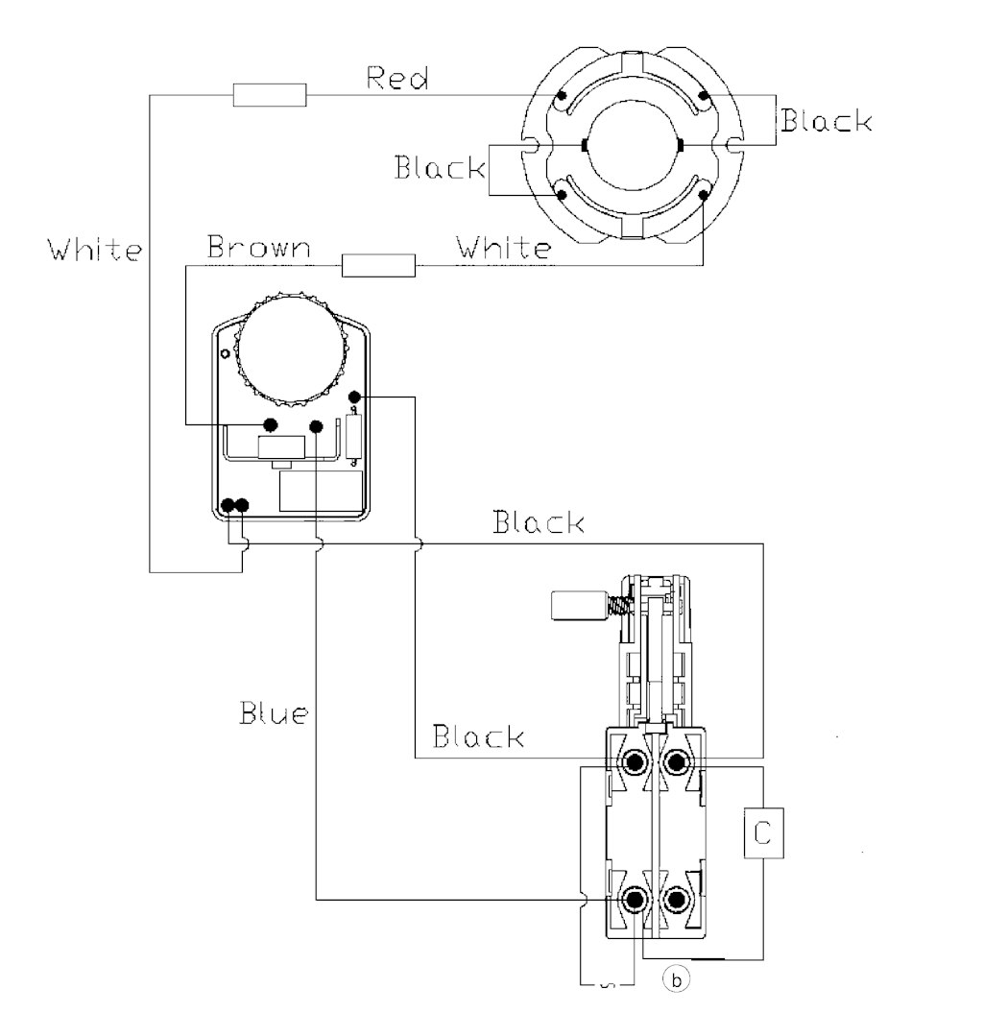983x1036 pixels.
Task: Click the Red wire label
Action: [x=397, y=78]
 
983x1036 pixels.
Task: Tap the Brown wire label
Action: [x=258, y=247]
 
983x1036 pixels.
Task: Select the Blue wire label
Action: [x=274, y=713]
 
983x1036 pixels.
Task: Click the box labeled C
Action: [x=764, y=833]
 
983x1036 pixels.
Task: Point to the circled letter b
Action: [x=676, y=979]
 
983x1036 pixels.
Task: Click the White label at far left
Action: [x=94, y=250]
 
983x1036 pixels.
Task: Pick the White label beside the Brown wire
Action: [x=503, y=247]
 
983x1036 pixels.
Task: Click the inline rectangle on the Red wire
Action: [x=270, y=95]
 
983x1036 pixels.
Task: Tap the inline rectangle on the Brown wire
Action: [x=378, y=266]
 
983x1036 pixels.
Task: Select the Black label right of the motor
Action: [x=827, y=120]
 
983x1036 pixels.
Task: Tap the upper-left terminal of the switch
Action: [x=635, y=762]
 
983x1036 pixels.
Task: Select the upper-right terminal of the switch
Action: [x=676, y=762]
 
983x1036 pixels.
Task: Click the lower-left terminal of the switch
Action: [x=635, y=900]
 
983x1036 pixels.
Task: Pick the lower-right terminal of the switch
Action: [x=676, y=900]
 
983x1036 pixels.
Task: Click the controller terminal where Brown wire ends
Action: [x=270, y=424]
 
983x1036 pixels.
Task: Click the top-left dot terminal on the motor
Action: [x=562, y=95]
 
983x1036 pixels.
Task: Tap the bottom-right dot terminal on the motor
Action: [x=704, y=194]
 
